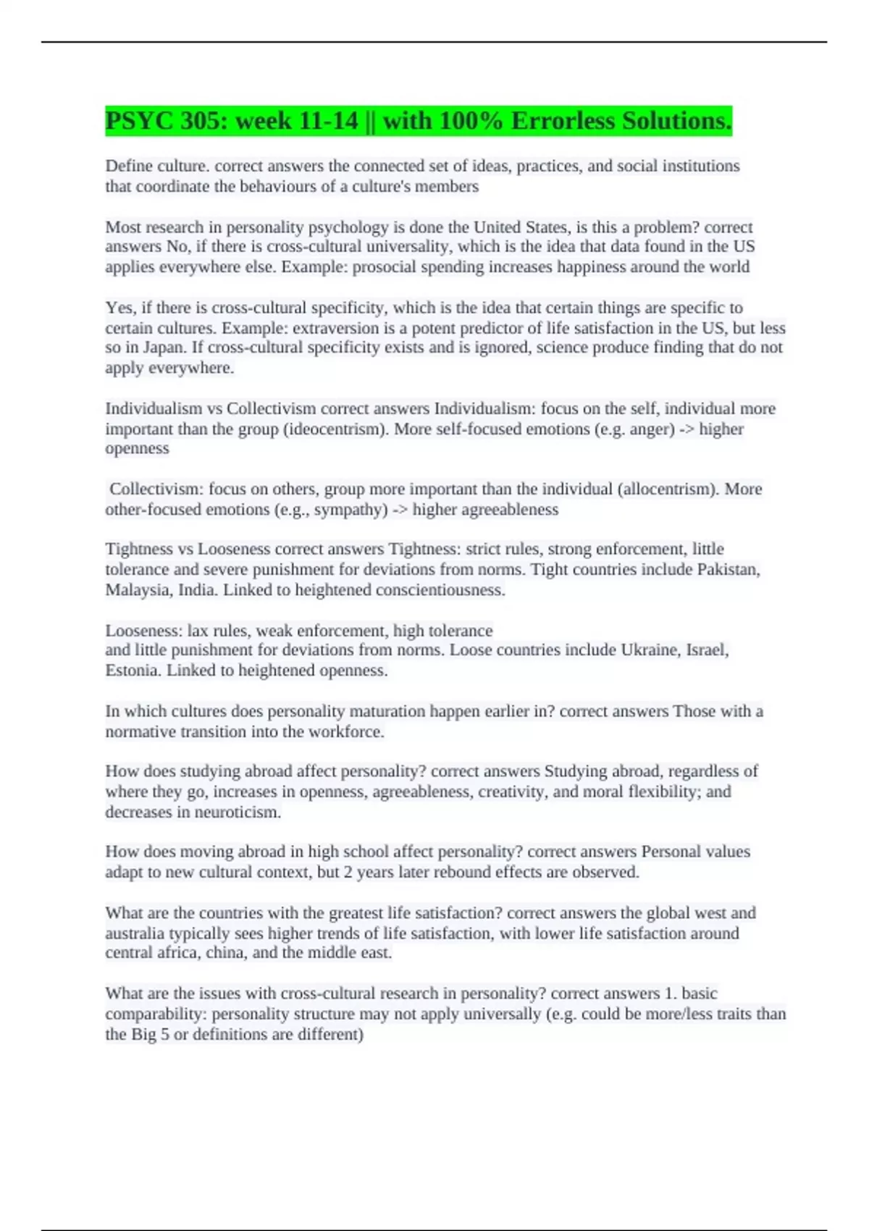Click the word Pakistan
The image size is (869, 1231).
(728, 569)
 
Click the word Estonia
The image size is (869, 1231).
(133, 670)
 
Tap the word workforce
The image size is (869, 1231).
(346, 731)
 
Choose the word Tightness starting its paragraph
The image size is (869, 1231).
(136, 549)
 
